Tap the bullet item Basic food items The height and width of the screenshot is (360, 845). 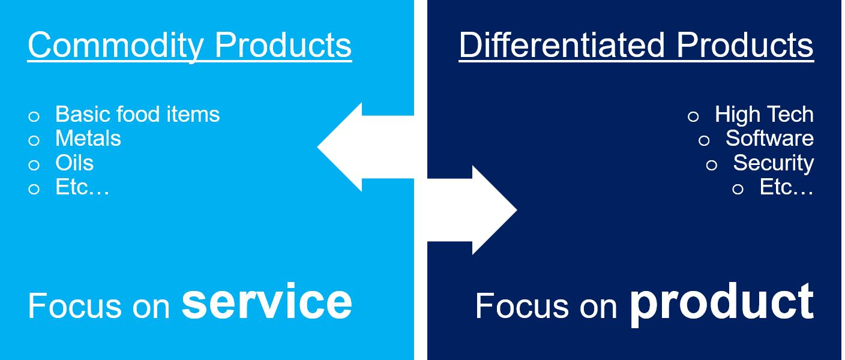point(137,114)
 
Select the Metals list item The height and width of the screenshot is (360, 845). point(88,139)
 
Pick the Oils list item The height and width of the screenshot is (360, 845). point(74,163)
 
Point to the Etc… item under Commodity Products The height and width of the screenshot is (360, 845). point(82,187)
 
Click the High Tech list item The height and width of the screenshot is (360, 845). point(764,114)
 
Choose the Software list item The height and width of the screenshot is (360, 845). point(769,139)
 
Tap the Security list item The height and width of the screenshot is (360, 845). point(773,163)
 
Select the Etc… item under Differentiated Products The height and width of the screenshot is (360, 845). point(786,187)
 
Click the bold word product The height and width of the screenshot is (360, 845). point(721,303)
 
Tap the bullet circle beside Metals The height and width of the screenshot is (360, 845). point(34,140)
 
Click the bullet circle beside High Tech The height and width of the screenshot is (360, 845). point(693,116)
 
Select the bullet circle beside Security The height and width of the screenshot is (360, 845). point(712,165)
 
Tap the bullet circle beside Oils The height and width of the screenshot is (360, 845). point(34,165)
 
